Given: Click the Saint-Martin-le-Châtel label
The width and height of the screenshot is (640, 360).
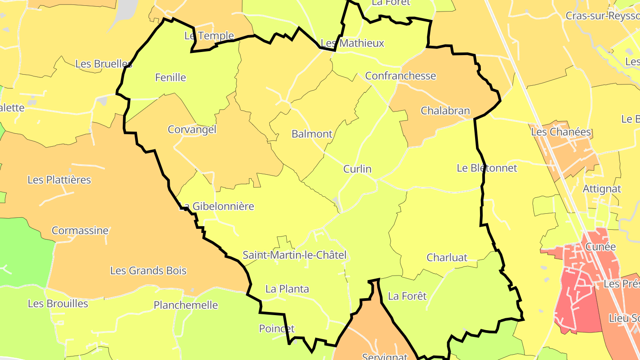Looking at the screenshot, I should [294, 255].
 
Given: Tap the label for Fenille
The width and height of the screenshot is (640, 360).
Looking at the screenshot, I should [170, 77].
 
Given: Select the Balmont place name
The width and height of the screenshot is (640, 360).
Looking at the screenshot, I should [312, 134].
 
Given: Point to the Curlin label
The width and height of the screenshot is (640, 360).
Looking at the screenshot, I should [357, 169].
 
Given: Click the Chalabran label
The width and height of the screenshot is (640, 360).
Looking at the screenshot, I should [445, 111].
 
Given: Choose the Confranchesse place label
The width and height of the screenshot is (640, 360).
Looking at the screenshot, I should [400, 76].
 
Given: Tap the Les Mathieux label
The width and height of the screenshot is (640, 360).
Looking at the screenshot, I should [352, 43].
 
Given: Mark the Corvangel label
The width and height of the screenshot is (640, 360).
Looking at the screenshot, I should [192, 129].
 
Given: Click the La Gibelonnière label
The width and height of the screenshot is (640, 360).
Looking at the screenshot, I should [217, 206].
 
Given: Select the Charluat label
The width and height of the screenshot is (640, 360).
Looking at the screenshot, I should [447, 257].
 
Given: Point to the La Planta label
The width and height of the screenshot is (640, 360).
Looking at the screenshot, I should [287, 289].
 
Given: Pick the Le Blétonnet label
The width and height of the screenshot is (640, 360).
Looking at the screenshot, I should [487, 168].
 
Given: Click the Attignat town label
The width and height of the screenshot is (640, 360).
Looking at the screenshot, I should [602, 189].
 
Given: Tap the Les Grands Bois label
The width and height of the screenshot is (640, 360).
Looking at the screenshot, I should [148, 271].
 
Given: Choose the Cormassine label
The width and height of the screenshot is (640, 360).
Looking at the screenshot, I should [80, 231].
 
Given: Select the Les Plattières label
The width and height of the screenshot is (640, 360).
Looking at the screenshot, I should [59, 180].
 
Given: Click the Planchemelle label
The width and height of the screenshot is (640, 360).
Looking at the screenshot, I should [186, 305].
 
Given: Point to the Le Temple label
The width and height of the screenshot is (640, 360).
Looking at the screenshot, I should [209, 36].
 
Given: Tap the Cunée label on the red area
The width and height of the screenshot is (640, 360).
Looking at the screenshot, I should [600, 247].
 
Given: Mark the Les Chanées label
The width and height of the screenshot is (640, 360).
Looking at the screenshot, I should [561, 132].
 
